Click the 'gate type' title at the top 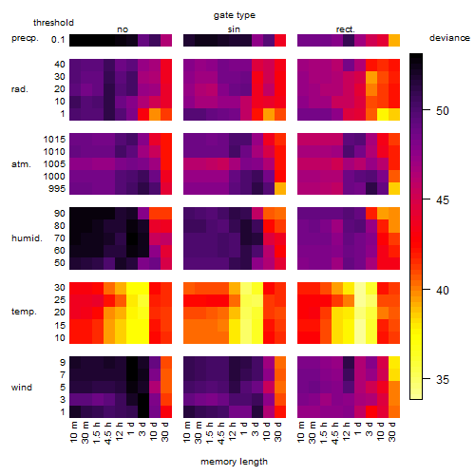pyautogui.click(x=235, y=15)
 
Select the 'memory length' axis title pyautogui.click(x=234, y=462)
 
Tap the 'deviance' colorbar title pyautogui.click(x=449, y=38)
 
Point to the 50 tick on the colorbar pyautogui.click(x=427, y=110)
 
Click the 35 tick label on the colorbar pyautogui.click(x=443, y=379)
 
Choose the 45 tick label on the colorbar pyautogui.click(x=443, y=199)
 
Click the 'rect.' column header pyautogui.click(x=345, y=29)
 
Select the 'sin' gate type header pyautogui.click(x=234, y=29)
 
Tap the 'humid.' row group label pyautogui.click(x=27, y=238)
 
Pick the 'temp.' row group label pyautogui.click(x=24, y=312)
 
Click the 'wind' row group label pyautogui.click(x=22, y=388)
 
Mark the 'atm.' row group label pyautogui.click(x=21, y=164)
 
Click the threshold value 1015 pyautogui.click(x=54, y=140)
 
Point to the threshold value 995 pyautogui.click(x=57, y=189)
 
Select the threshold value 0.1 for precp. pyautogui.click(x=58, y=40)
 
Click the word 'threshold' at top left pyautogui.click(x=53, y=23)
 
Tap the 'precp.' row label pyautogui.click(x=25, y=38)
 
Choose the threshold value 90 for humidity pyautogui.click(x=60, y=214)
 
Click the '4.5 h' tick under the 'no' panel pyautogui.click(x=108, y=433)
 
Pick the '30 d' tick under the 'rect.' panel pyautogui.click(x=392, y=432)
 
